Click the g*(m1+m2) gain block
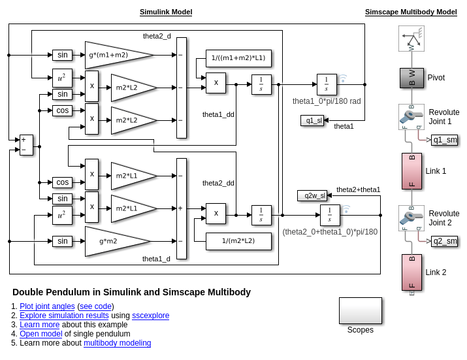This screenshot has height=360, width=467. [x=111, y=55]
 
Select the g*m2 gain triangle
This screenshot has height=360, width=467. [x=111, y=241]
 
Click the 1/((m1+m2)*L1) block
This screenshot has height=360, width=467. [x=238, y=58]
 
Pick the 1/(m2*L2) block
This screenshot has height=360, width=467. [x=238, y=241]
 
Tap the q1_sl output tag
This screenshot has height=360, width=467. [x=312, y=120]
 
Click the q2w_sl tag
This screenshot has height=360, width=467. [x=312, y=195]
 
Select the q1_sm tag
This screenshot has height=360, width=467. [x=444, y=140]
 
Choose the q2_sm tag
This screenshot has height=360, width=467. [x=444, y=241]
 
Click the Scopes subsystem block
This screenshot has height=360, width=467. [x=360, y=311]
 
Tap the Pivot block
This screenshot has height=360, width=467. [x=411, y=78]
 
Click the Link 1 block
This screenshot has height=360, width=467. [x=411, y=171]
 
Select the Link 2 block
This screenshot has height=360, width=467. [x=411, y=272]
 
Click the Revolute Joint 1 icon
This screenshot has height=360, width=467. [x=411, y=116]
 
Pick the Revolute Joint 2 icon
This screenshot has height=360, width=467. [x=411, y=218]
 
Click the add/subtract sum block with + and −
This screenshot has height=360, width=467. [x=26, y=144]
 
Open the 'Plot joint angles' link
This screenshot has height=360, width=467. [x=47, y=306]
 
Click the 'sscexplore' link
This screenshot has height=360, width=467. [x=150, y=316]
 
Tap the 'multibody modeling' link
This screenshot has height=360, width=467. [x=117, y=343]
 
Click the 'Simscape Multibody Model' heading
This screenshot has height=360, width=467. [x=411, y=12]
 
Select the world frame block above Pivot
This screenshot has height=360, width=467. [x=411, y=39]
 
